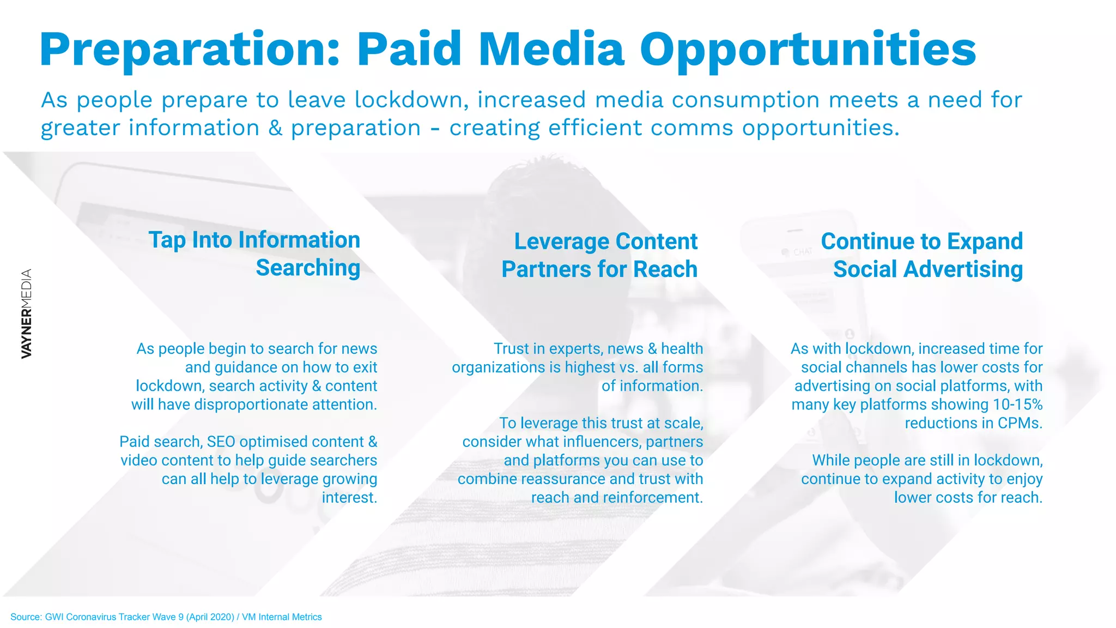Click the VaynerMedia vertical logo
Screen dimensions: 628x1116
(26, 314)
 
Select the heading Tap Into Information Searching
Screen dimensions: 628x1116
(254, 254)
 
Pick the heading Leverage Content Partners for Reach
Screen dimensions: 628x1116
(599, 255)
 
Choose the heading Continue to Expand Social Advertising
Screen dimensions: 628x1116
(922, 255)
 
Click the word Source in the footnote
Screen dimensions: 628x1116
(26, 617)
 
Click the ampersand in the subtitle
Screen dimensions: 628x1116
(275, 128)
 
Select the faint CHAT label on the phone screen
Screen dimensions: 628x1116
(802, 252)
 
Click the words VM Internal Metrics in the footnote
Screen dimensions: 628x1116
(282, 617)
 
